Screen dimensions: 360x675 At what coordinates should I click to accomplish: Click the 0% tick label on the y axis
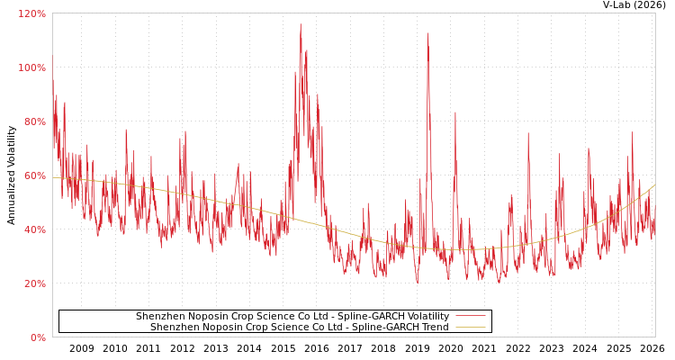38,337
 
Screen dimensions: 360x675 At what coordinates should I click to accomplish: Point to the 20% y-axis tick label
35,283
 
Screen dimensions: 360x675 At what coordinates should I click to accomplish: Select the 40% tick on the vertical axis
35,229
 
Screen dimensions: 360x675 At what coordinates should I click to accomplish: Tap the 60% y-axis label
35,175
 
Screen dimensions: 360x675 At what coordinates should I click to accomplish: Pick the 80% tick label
35,121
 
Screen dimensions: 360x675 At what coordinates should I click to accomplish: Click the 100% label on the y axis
32,67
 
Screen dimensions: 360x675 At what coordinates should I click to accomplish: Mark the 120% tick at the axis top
32,13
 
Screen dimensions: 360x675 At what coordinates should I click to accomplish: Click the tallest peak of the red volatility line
301,24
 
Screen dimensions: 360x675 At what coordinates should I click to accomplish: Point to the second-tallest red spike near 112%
427,34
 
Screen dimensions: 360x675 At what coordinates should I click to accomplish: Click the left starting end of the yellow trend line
53,176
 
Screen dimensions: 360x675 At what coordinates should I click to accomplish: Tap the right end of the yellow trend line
654,185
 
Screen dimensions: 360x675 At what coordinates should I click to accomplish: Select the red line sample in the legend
470,317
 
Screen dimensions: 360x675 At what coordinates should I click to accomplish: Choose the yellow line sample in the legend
470,328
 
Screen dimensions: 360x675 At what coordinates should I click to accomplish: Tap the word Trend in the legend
434,328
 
